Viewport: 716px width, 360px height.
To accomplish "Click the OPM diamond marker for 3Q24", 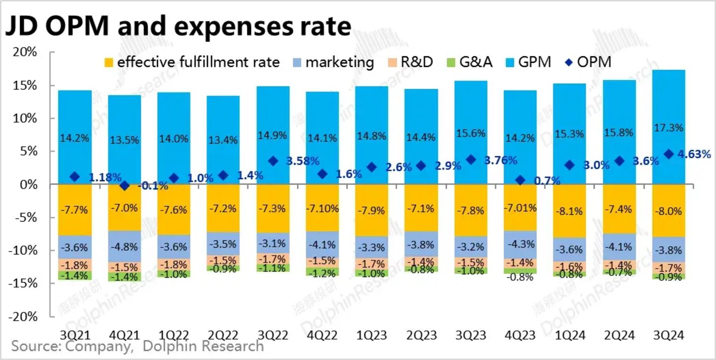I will (x=669, y=154).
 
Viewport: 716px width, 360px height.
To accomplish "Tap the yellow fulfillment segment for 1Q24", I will (x=569, y=211).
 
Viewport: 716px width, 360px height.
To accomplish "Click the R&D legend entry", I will (x=410, y=62).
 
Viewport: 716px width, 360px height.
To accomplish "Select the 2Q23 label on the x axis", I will (x=421, y=336).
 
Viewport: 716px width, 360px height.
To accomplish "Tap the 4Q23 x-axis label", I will (x=520, y=336).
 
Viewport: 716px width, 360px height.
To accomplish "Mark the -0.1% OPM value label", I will (x=152, y=186).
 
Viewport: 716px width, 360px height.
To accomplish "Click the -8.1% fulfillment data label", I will (x=569, y=211).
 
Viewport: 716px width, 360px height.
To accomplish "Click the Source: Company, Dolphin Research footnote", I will (x=137, y=346).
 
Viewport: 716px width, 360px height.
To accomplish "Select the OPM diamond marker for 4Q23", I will (x=521, y=180).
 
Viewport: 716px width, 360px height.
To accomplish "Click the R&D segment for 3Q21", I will (x=75, y=265).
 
